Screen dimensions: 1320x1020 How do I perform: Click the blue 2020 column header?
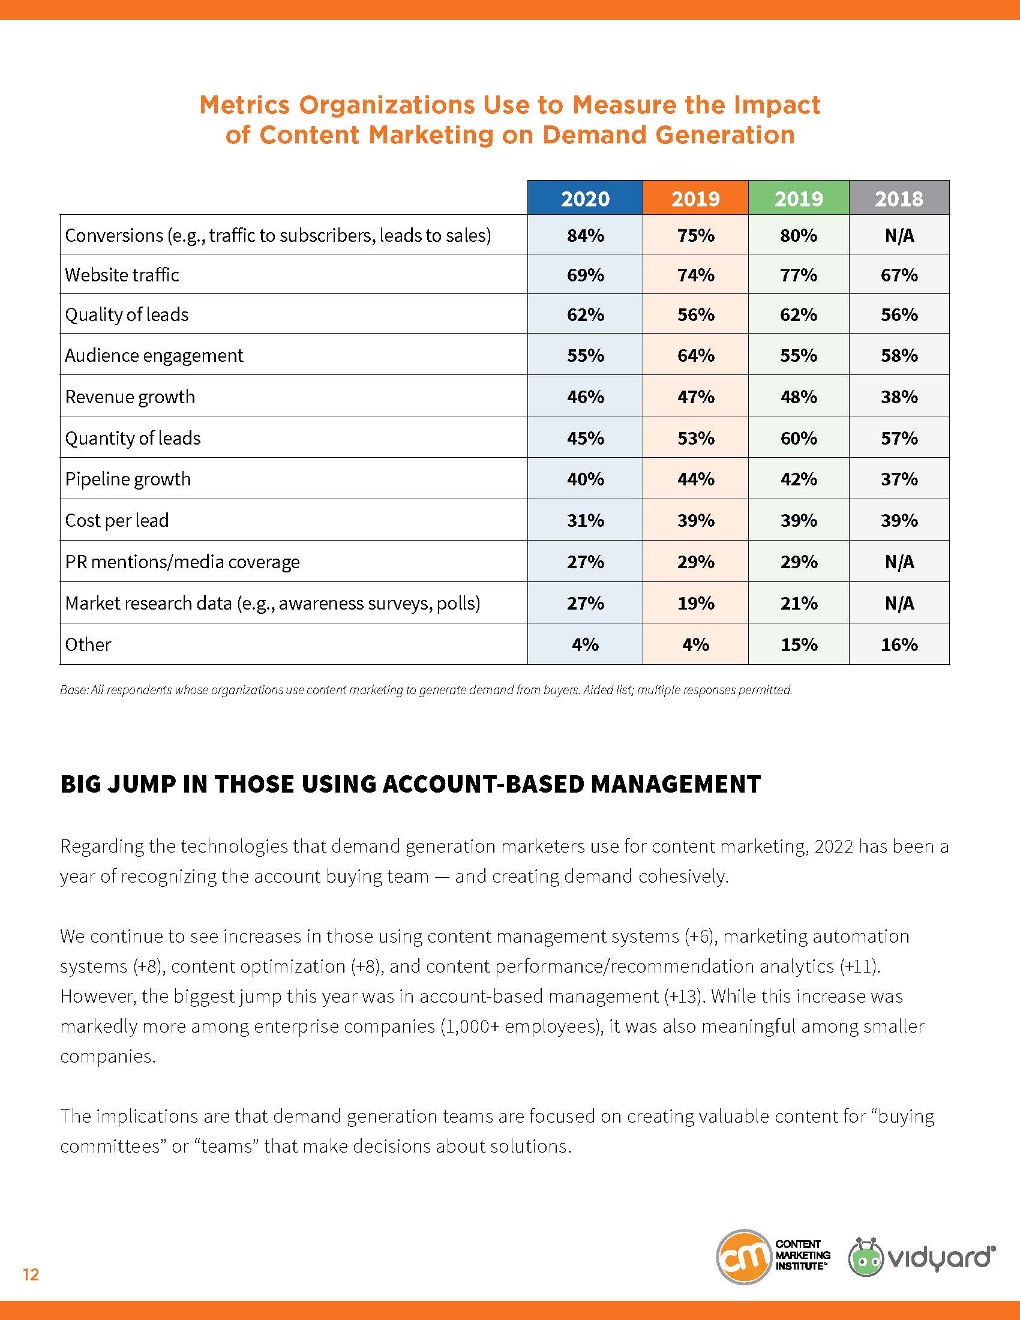pos(585,198)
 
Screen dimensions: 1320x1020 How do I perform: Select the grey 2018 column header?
pos(899,198)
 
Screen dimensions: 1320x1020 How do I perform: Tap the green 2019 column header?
pos(798,198)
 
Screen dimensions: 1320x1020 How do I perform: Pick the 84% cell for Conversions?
pos(585,235)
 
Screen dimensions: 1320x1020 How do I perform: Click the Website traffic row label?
pos(122,275)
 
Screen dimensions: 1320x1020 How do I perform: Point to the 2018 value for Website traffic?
pos(899,275)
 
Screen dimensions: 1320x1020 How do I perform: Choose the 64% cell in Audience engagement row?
pos(695,355)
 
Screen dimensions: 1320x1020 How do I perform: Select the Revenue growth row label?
pos(130,397)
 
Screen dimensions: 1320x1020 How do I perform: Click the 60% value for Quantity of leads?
pos(798,438)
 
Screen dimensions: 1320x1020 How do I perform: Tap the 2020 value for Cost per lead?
pos(585,520)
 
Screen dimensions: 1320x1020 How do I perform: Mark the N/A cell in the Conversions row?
pos(899,235)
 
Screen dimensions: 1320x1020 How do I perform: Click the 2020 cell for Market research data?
pos(585,603)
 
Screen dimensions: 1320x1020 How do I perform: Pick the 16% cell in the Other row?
pos(899,645)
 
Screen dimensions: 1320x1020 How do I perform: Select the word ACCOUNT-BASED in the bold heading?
pos(485,785)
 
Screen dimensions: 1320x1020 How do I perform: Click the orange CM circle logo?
pos(743,1256)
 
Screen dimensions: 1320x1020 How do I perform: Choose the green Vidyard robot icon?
pos(866,1258)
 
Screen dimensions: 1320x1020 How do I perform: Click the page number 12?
pos(31,1274)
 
